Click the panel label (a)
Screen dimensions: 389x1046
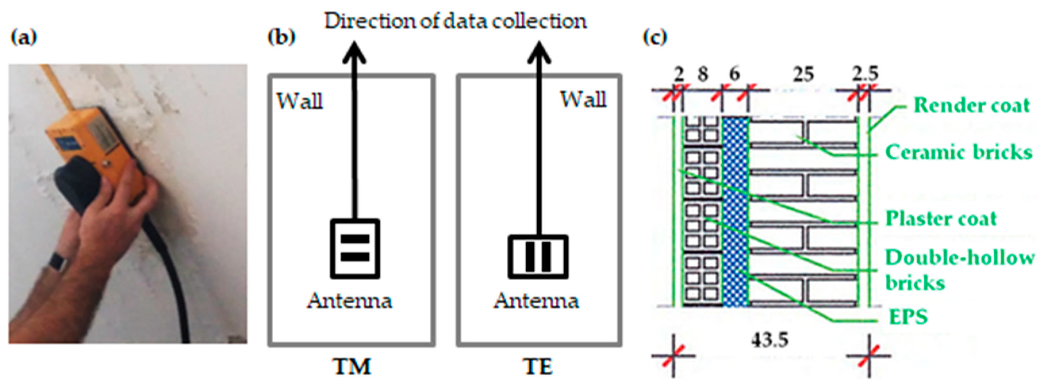(x=23, y=38)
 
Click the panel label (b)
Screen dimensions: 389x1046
(x=281, y=37)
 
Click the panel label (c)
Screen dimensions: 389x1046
(x=655, y=37)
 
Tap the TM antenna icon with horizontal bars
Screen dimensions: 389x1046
(x=355, y=248)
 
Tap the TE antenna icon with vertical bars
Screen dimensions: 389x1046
(x=538, y=257)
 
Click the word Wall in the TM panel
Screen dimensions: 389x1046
(x=300, y=101)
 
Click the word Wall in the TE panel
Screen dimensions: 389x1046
(x=583, y=99)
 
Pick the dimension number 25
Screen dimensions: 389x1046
(x=803, y=74)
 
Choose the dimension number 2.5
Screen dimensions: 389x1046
(x=865, y=74)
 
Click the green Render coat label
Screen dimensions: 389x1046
(x=971, y=106)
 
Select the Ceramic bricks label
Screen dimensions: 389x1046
(x=958, y=153)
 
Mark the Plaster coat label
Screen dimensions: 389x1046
(x=941, y=219)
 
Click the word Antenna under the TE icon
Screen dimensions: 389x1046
(x=536, y=301)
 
